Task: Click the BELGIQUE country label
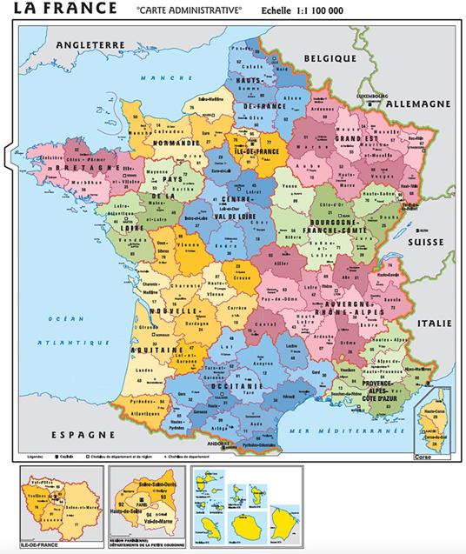pyautogui.click(x=330, y=57)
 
